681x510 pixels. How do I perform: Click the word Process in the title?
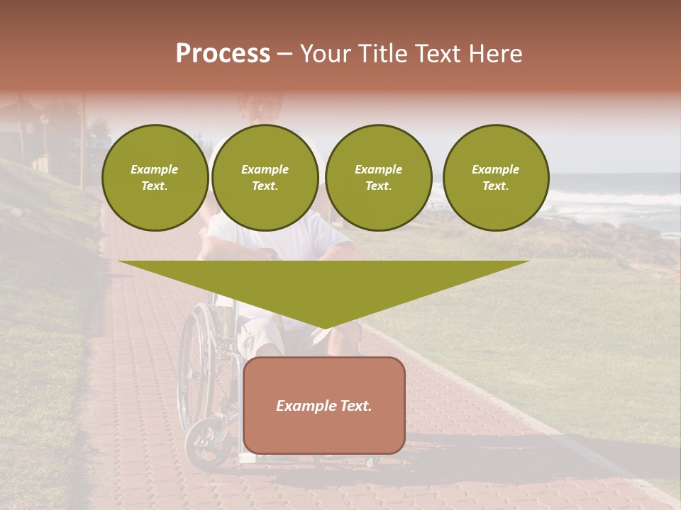223,54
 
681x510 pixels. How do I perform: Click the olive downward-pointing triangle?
323,283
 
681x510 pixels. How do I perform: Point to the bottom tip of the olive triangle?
324,327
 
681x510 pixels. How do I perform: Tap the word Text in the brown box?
355,406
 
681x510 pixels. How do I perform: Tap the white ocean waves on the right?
624,202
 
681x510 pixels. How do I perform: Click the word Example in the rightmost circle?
495,169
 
